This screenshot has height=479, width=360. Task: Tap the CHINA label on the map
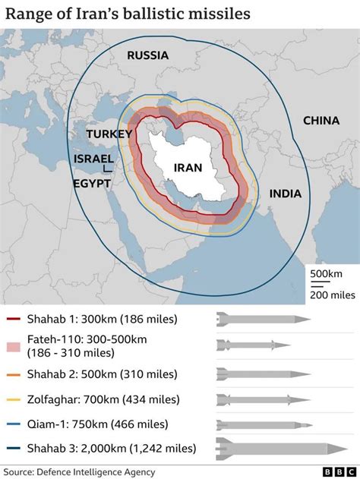pyautogui.click(x=321, y=120)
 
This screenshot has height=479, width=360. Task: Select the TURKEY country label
pyautogui.click(x=109, y=134)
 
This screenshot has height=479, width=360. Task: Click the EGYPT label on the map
pyautogui.click(x=92, y=184)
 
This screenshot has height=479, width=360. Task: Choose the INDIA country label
pyautogui.click(x=285, y=194)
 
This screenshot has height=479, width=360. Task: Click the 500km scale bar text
pyautogui.click(x=328, y=274)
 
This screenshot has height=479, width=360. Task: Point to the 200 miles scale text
pyautogui.click(x=328, y=295)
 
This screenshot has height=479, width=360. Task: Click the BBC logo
pyautogui.click(x=334, y=471)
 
